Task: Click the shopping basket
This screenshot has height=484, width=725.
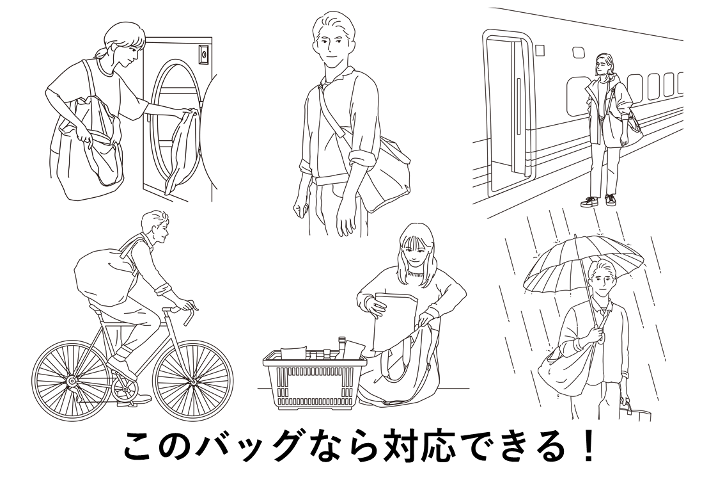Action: click(311, 380)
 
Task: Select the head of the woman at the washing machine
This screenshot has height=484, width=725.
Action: click(121, 41)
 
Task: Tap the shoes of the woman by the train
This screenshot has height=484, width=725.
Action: click(599, 200)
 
